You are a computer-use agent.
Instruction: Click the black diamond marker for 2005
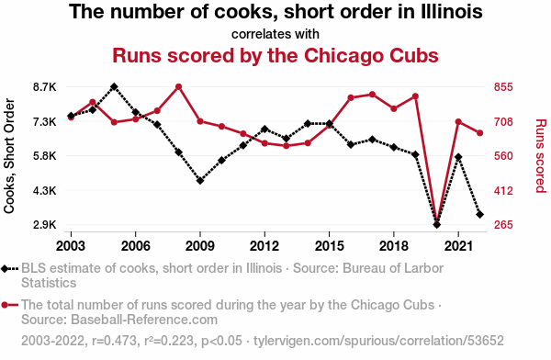(x=114, y=86)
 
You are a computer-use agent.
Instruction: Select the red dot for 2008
(x=178, y=86)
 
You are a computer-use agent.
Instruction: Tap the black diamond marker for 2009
(x=200, y=181)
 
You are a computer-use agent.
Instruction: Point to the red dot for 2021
(x=458, y=121)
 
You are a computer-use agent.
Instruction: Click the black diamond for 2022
(x=479, y=214)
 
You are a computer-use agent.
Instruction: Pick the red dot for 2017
(x=372, y=95)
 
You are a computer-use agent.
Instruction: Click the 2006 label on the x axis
(x=135, y=246)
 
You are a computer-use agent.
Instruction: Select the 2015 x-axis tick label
(x=329, y=246)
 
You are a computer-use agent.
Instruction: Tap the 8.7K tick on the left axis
(x=45, y=87)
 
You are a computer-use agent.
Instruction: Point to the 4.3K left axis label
(x=45, y=190)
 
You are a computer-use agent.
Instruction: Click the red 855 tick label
(x=503, y=87)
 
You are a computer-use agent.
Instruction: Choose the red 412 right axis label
(x=503, y=190)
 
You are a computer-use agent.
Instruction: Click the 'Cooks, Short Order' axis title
(x=9, y=156)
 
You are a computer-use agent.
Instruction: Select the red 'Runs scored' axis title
(x=541, y=156)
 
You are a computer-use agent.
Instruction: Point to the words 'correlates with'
(x=275, y=34)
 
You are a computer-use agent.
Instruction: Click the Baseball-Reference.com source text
(x=144, y=320)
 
